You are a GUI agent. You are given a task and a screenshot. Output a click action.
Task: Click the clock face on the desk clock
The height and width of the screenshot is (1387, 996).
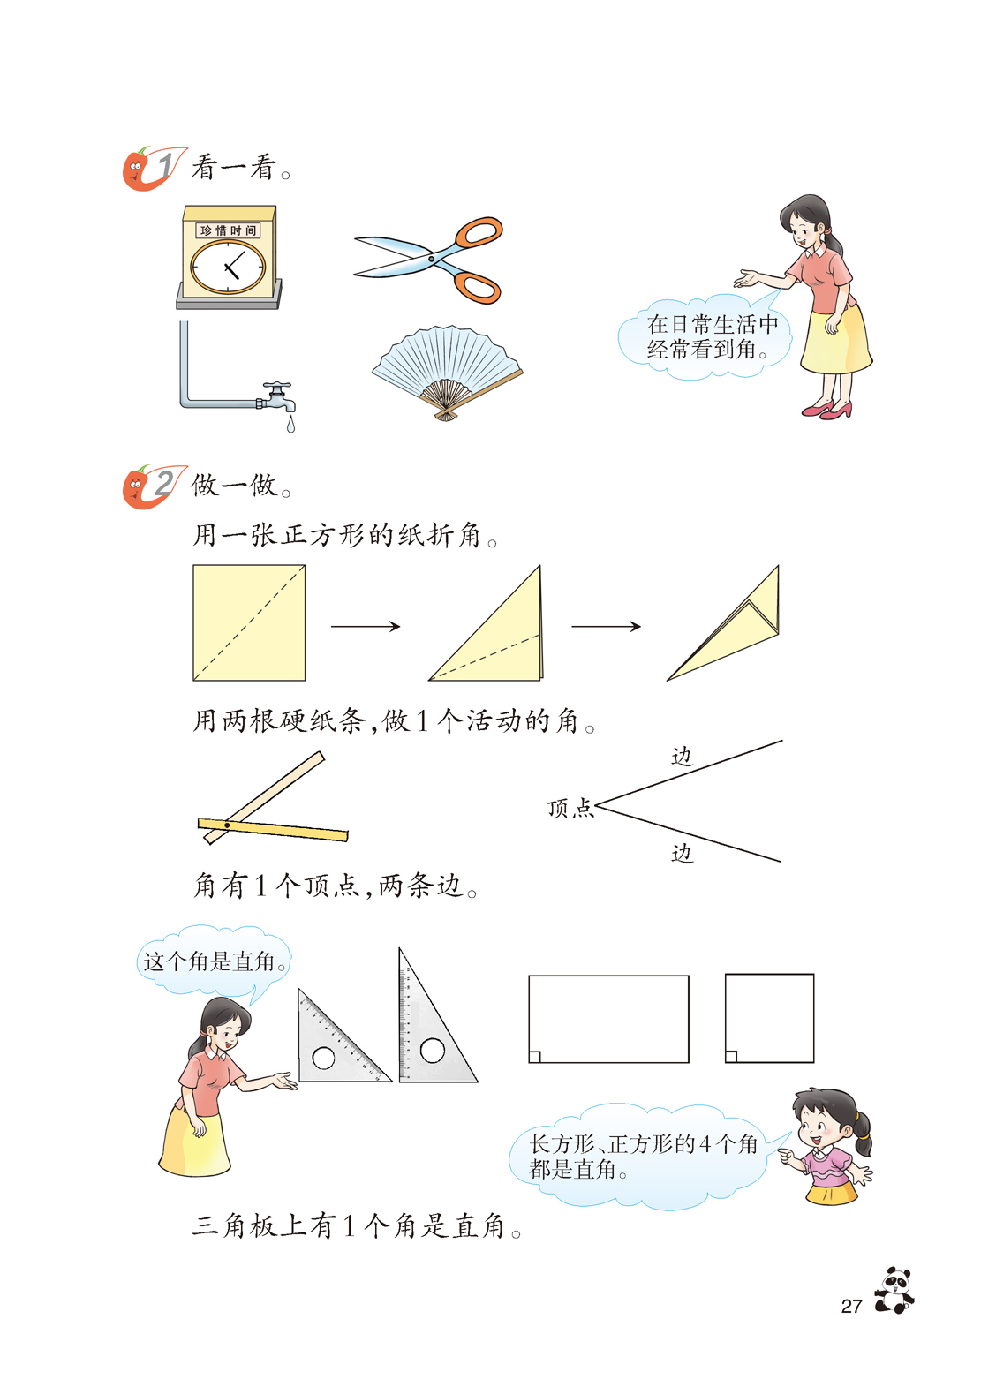pyautogui.click(x=228, y=267)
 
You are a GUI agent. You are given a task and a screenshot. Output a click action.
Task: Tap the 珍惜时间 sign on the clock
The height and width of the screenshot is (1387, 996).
pyautogui.click(x=228, y=230)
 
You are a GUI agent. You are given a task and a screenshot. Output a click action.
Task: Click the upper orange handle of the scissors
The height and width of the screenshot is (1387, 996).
pyautogui.click(x=479, y=233)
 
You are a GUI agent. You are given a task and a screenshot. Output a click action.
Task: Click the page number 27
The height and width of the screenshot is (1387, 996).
pyautogui.click(x=852, y=1306)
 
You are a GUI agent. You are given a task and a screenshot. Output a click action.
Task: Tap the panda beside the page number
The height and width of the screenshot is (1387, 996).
pyautogui.click(x=894, y=1290)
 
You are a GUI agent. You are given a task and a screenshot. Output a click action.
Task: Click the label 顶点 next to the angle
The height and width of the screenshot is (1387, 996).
pyautogui.click(x=570, y=808)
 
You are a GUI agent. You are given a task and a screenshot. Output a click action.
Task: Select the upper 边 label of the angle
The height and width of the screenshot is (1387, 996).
pyautogui.click(x=682, y=756)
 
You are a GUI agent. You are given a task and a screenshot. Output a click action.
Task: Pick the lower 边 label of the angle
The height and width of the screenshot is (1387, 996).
pyautogui.click(x=682, y=853)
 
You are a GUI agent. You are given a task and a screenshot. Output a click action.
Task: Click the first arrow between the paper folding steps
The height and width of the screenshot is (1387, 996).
pyautogui.click(x=366, y=627)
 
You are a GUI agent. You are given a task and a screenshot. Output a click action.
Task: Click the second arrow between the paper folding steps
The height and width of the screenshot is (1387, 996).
pyautogui.click(x=606, y=627)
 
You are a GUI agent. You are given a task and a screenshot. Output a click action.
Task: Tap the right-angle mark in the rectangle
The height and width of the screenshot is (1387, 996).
pyautogui.click(x=535, y=1057)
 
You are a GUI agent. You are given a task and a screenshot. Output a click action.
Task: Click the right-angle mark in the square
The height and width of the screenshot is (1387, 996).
pyautogui.click(x=731, y=1057)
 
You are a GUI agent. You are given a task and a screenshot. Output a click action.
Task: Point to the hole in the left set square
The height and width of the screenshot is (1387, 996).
pyautogui.click(x=323, y=1058)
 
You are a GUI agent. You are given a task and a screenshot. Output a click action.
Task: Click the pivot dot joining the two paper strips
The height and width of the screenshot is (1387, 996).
pyautogui.click(x=227, y=825)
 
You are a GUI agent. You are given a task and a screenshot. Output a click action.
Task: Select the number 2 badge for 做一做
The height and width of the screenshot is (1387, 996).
pyautogui.click(x=155, y=486)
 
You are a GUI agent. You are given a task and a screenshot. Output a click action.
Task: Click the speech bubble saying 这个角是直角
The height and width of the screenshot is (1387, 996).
pyautogui.click(x=213, y=961)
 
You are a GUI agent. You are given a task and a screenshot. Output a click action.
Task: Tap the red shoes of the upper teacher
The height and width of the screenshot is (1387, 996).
pyautogui.click(x=826, y=410)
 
